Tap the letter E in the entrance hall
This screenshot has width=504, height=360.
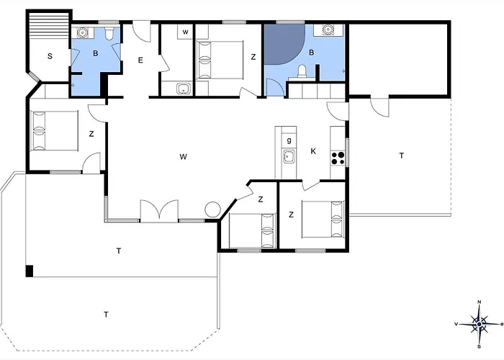tap(141, 60)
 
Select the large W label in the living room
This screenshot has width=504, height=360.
tap(184, 156)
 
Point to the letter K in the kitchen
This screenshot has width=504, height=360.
tap(313, 151)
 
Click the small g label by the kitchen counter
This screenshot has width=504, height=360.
tap(289, 139)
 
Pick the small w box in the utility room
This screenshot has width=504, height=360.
tap(186, 32)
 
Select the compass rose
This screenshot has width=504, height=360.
tap(479, 325)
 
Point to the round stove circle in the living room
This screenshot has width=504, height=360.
tap(212, 210)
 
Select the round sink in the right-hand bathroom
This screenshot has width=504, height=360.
tap(328, 31)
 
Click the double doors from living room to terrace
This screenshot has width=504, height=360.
tap(158, 211)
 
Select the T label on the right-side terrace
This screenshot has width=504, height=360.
tap(401, 156)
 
